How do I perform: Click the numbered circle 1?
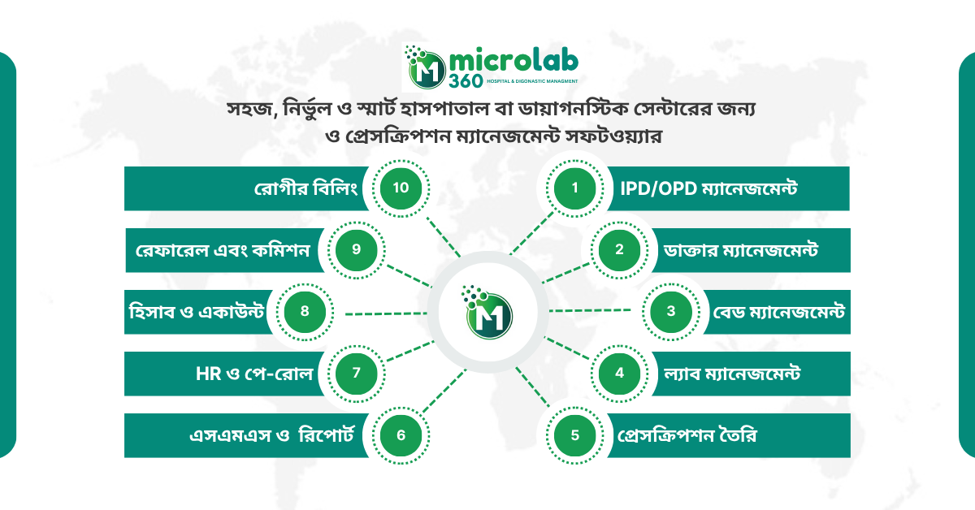pyautogui.click(x=574, y=188)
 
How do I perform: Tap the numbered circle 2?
pyautogui.click(x=619, y=249)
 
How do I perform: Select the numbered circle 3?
pyautogui.click(x=670, y=311)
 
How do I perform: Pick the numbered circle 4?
pyautogui.click(x=619, y=373)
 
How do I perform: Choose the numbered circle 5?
pyautogui.click(x=574, y=434)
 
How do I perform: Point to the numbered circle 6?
pyautogui.click(x=400, y=434)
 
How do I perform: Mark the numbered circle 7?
pyautogui.click(x=355, y=373)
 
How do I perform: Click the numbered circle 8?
pyautogui.click(x=304, y=311)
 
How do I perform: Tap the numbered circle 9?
pyautogui.click(x=355, y=249)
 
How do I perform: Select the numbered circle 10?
pyautogui.click(x=400, y=188)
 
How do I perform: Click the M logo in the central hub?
pyautogui.click(x=487, y=312)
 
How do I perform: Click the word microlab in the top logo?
pyautogui.click(x=513, y=62)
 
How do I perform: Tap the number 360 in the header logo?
pyautogui.click(x=463, y=82)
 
